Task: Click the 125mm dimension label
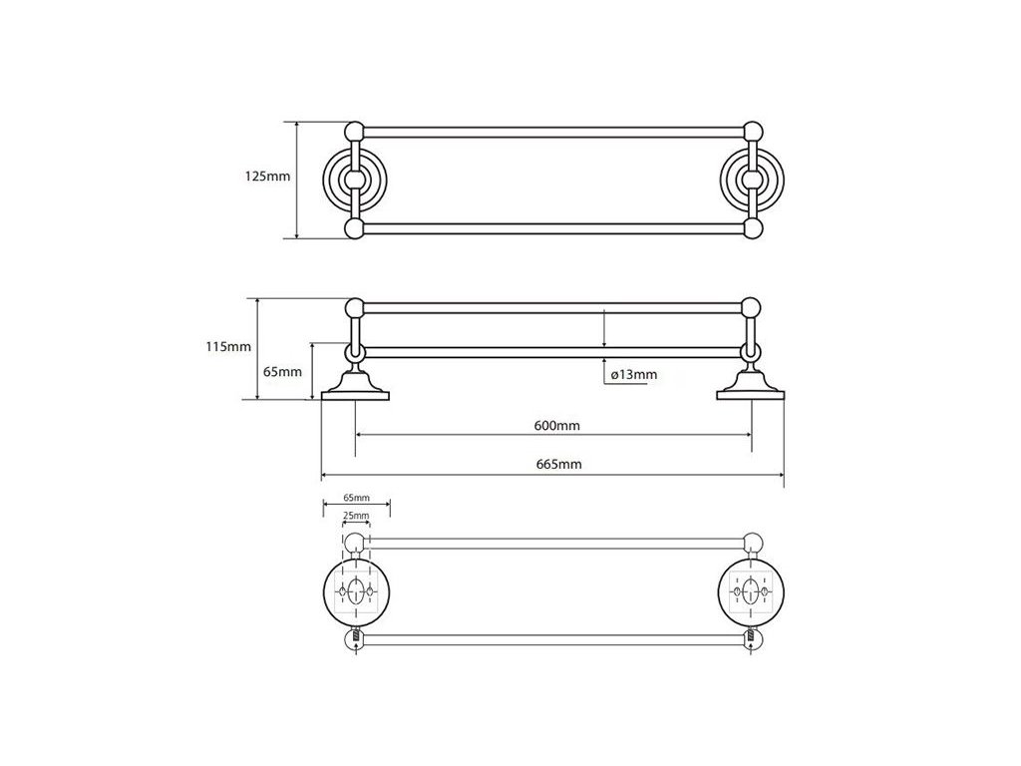(267, 177)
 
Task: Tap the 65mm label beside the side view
(283, 371)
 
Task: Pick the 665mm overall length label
(557, 464)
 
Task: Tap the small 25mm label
(356, 516)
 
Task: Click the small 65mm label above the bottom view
(356, 497)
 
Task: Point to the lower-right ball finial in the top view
(753, 229)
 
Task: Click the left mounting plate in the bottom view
(356, 593)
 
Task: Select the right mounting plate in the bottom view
(751, 593)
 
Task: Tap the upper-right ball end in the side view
(751, 305)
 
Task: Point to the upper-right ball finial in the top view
(753, 131)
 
